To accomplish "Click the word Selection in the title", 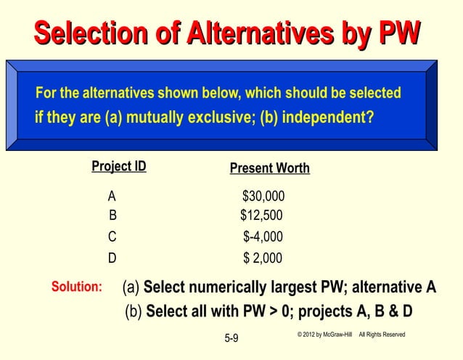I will [x=83, y=33].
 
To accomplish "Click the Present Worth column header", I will [x=269, y=168].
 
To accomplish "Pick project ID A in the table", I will [x=112, y=196].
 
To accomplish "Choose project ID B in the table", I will [x=112, y=215].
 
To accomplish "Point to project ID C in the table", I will [x=112, y=237].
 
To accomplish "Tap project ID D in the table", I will [x=112, y=258].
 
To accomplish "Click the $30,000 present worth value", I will [x=263, y=197].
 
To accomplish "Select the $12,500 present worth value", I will [x=261, y=215].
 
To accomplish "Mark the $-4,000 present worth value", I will [x=263, y=237].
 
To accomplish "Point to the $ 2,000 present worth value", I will [x=263, y=258].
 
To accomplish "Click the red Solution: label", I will [x=76, y=287].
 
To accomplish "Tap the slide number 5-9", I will [x=232, y=338].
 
